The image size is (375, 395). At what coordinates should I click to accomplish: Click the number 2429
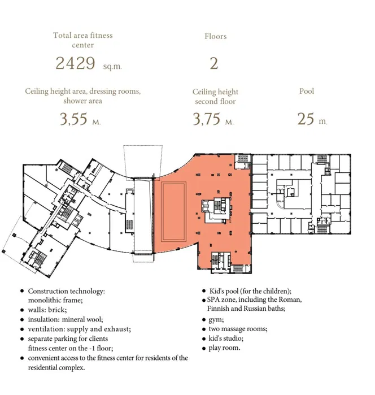[75, 63]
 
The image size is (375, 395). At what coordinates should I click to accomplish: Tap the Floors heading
[215, 36]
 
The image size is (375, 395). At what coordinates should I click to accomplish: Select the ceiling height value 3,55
[73, 119]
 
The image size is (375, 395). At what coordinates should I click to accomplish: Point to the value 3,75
[207, 119]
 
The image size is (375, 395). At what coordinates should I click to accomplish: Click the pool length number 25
[306, 119]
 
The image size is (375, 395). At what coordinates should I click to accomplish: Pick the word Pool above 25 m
[307, 91]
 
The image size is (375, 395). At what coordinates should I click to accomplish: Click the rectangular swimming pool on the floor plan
[173, 211]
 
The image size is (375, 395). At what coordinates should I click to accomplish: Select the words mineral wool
[82, 319]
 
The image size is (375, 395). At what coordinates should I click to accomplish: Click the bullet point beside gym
[204, 320]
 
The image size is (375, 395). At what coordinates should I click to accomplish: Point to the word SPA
[213, 299]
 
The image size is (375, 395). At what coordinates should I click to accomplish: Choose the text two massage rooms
[238, 329]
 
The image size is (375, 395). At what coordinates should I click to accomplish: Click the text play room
[224, 348]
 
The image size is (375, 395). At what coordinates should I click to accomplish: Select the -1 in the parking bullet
[93, 348]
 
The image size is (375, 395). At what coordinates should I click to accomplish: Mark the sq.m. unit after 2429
[112, 67]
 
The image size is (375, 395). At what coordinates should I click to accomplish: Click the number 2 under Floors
[214, 63]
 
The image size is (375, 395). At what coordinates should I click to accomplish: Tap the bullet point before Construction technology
[22, 291]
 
